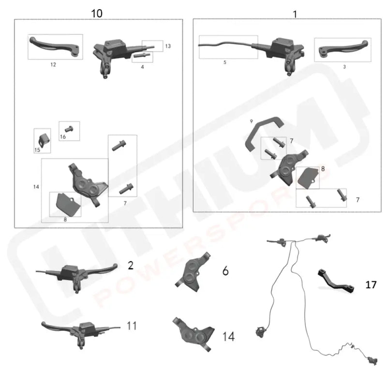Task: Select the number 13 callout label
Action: click(168, 46)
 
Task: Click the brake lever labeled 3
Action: click(342, 49)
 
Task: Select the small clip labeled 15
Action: click(43, 139)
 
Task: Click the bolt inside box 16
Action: click(69, 130)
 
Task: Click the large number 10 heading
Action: click(97, 13)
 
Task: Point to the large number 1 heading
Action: click(295, 14)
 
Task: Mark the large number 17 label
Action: click(371, 285)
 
